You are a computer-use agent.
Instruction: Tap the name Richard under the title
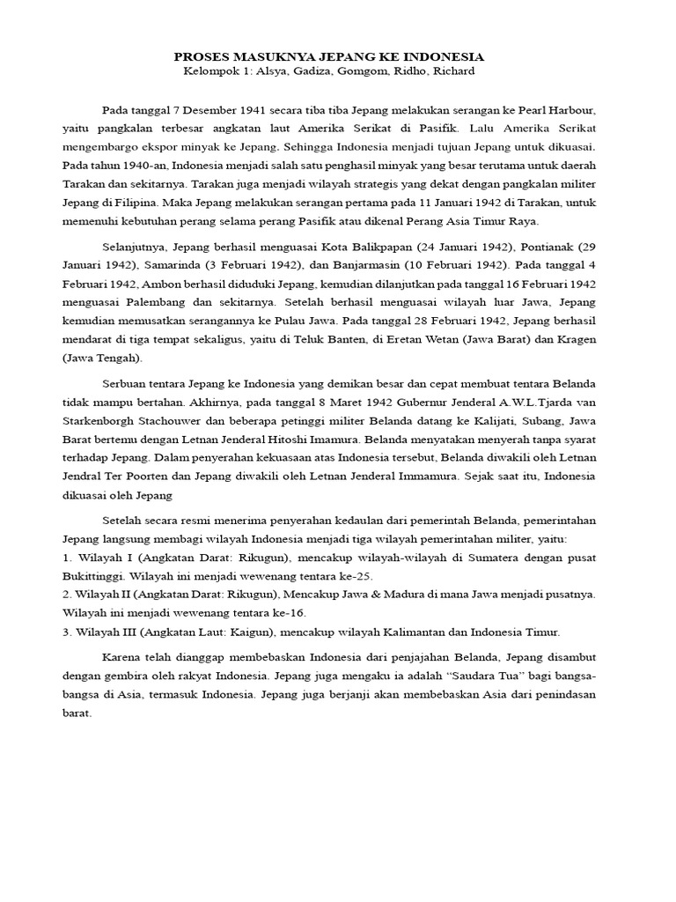[x=452, y=71]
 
